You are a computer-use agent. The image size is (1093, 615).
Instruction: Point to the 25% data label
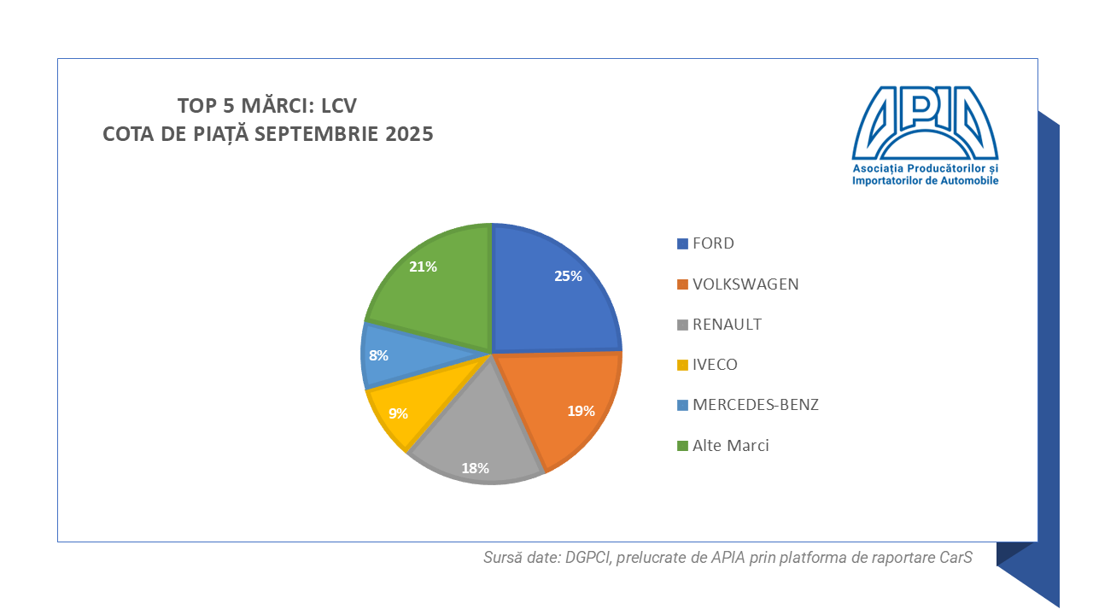568,276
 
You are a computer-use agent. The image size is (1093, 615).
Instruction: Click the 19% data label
581,411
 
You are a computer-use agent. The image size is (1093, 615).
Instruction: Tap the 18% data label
476,468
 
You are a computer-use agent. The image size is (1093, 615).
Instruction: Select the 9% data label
398,413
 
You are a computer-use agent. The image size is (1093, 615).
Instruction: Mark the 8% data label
379,354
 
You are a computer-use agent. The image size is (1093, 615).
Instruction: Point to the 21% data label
423,266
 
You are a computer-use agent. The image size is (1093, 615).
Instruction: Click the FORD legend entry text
713,243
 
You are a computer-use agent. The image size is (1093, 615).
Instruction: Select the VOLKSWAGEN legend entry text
745,284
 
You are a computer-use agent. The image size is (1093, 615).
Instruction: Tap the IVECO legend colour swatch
682,366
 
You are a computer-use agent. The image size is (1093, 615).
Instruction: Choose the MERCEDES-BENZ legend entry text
755,405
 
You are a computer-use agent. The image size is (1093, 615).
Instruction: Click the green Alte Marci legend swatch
682,446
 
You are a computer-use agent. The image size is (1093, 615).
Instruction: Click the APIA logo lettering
925,123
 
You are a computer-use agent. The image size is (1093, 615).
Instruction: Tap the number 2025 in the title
406,134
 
